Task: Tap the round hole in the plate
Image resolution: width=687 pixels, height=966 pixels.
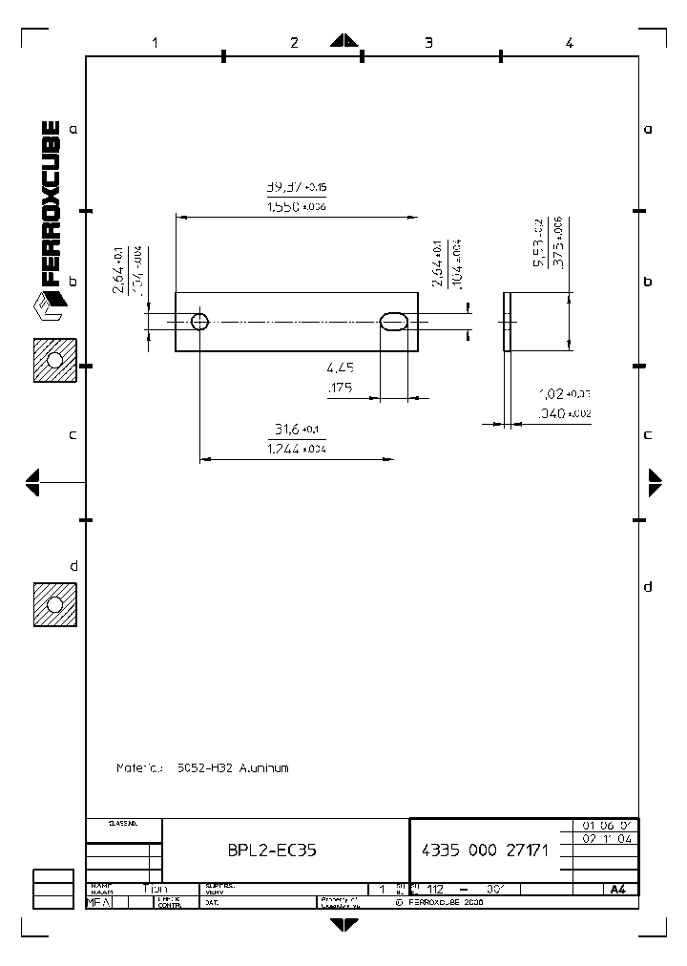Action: pos(199,321)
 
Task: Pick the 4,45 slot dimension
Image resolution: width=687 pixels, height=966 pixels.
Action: pos(341,367)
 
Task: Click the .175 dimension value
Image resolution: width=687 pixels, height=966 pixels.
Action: pos(341,388)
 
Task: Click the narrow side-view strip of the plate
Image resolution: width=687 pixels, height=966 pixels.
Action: pos(508,322)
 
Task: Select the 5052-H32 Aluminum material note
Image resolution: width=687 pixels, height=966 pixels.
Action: pos(202,767)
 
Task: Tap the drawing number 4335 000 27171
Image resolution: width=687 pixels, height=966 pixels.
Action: pos(484,850)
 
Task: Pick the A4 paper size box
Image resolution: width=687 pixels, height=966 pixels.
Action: pos(618,889)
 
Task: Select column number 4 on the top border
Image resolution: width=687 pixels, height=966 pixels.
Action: pos(569,42)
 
